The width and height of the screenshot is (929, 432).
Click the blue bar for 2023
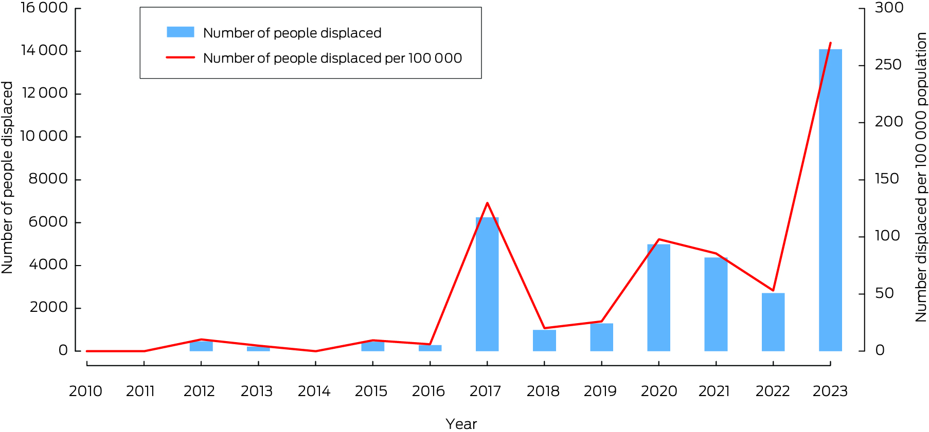[830, 200]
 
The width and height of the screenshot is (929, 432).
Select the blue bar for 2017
[487, 284]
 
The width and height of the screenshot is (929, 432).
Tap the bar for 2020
[658, 297]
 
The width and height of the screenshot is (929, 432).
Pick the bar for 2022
[773, 322]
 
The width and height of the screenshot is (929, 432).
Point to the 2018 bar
[544, 340]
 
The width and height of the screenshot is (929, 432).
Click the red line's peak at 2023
[830, 43]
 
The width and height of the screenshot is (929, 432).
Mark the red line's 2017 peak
[487, 203]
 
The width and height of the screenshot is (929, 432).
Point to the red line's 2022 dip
[773, 290]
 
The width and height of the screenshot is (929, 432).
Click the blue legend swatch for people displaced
[180, 32]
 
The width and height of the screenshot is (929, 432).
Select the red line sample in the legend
[180, 58]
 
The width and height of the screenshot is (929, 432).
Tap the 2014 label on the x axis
[314, 391]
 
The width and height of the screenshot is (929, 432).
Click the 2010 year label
[85, 391]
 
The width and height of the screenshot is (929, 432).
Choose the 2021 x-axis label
[714, 391]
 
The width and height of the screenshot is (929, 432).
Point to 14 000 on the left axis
[44, 50]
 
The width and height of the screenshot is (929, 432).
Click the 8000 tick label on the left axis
[48, 179]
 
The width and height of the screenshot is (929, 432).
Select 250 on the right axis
[888, 65]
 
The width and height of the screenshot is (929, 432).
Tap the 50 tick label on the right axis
[884, 293]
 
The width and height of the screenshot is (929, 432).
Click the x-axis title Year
[461, 424]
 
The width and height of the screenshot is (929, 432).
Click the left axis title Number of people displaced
[7, 178]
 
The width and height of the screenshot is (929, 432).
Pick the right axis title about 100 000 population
[921, 178]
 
